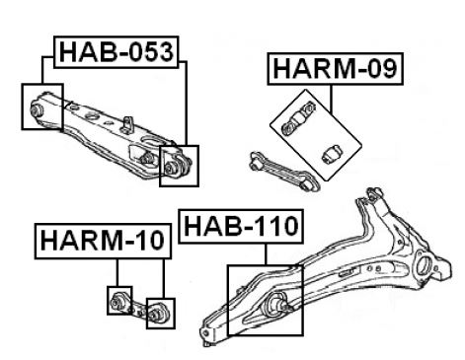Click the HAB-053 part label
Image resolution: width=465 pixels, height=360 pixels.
(116, 52)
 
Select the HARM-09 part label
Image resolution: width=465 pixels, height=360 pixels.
(335, 69)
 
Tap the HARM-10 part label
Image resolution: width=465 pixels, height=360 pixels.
(103, 241)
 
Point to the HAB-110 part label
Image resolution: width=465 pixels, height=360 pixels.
(241, 227)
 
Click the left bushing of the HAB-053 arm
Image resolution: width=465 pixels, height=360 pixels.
(37, 109)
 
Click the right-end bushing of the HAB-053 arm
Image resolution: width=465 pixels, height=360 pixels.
(171, 168)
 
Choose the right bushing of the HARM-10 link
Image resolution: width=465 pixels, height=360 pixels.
(156, 313)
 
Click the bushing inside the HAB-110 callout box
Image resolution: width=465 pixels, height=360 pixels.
(277, 302)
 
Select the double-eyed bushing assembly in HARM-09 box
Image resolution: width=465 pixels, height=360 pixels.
(299, 118)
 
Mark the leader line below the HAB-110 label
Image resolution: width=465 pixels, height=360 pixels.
(266, 254)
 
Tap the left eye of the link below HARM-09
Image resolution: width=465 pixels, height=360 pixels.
(256, 162)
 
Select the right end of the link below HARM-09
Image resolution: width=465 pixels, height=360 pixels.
(311, 184)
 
